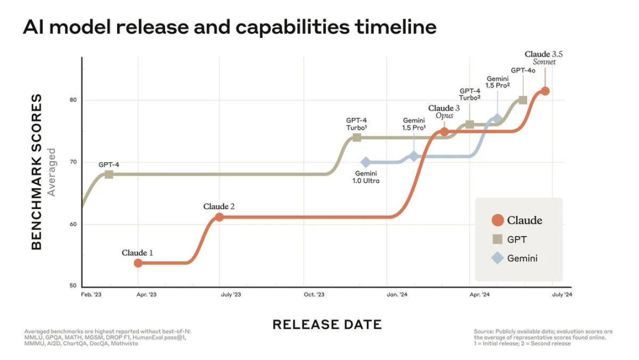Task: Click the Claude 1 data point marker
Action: point(138,263)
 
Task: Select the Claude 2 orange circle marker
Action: point(220,217)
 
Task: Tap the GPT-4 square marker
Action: point(109,174)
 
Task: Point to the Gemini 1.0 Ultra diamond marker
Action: point(366,162)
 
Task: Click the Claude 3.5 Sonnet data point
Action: point(545,91)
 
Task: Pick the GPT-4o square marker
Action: point(523,100)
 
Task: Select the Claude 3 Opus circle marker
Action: point(444,131)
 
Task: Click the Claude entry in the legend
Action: point(517,220)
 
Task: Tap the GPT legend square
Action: point(498,239)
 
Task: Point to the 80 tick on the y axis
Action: point(74,100)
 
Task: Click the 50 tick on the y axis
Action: point(74,286)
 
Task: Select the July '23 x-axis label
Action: point(230,294)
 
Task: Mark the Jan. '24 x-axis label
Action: point(397,294)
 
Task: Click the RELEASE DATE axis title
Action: point(327,324)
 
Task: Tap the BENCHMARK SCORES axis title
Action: point(37,172)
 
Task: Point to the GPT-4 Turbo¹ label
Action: point(357,124)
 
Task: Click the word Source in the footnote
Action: point(485,331)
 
